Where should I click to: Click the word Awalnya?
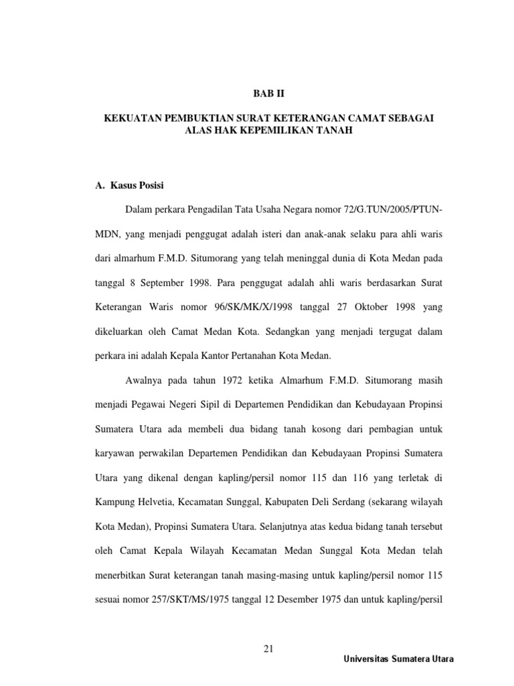[x=143, y=381]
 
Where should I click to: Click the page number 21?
[x=270, y=648]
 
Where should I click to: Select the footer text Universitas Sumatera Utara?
[x=398, y=659]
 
